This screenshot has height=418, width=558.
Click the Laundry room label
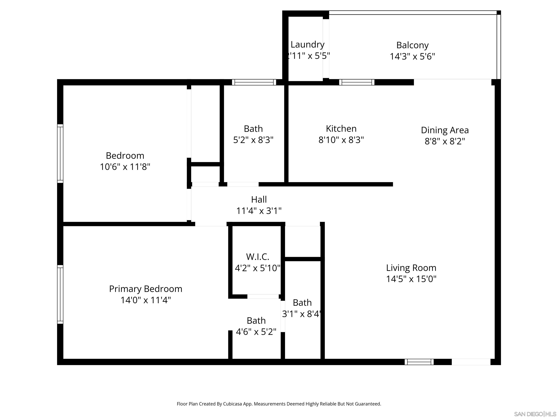[x=307, y=45]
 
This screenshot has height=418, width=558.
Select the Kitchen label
[x=341, y=129]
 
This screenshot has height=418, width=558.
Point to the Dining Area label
[x=444, y=130]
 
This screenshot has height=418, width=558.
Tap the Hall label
[x=259, y=200]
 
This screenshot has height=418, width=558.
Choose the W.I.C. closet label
[x=257, y=257]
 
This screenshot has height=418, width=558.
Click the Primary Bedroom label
[x=145, y=289]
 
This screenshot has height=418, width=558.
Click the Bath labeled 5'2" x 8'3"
[x=253, y=129]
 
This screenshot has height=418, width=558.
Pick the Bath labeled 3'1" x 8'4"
[x=302, y=303]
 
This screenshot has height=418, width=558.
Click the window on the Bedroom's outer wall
[x=60, y=153]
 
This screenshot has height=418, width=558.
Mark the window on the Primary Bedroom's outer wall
[x=60, y=294]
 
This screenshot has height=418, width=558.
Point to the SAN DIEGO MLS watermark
[x=535, y=414]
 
